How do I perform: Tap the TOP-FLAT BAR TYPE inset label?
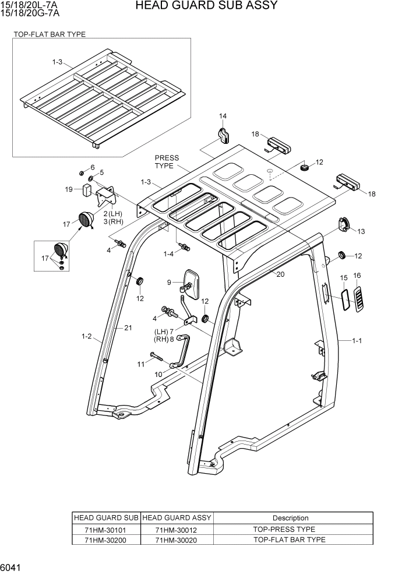tap(50, 34)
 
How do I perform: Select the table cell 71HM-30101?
tap(105, 529)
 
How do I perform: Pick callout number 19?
tap(69, 189)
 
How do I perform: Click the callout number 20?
tap(280, 274)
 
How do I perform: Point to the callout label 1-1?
tap(357, 340)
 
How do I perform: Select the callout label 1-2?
tap(87, 336)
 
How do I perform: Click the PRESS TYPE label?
tap(167, 162)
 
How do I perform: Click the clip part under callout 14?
tap(223, 135)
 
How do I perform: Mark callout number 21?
tap(127, 328)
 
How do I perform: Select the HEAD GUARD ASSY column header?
tap(177, 518)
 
